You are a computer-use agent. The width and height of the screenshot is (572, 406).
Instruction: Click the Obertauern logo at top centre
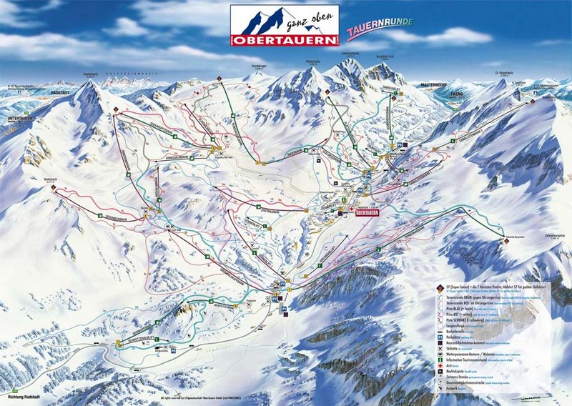click(x=284, y=27)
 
